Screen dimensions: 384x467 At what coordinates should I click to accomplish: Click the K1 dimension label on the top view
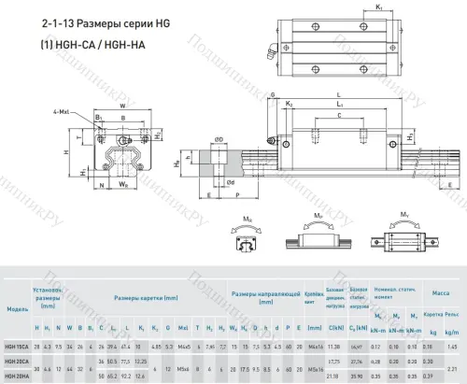351,8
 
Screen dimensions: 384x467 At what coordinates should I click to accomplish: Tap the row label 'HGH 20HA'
17,376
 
